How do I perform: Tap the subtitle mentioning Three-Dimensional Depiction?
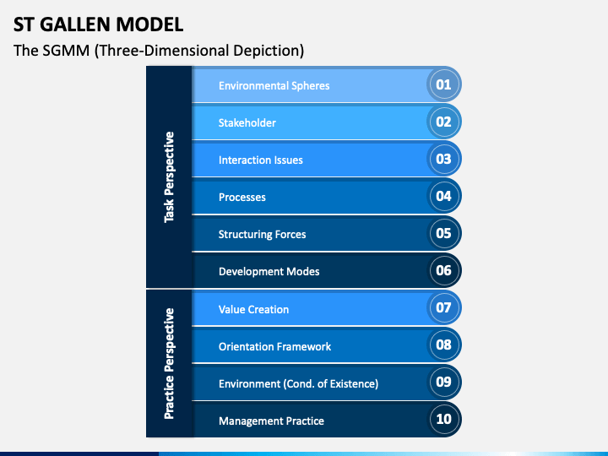tap(159, 51)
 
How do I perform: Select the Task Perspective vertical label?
tap(170, 176)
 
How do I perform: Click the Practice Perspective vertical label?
tap(170, 363)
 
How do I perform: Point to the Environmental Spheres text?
tap(274, 85)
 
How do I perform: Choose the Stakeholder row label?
tap(247, 122)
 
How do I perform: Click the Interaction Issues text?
tap(260, 160)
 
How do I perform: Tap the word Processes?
tap(242, 197)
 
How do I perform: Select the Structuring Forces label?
tap(262, 234)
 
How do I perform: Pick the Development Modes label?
tap(269, 271)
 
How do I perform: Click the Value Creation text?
tap(253, 309)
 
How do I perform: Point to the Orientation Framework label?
tap(274, 346)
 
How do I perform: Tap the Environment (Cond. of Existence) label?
tap(298, 383)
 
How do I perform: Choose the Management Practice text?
tap(271, 421)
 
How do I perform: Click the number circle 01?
tap(443, 84)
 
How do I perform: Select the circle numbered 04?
tap(443, 197)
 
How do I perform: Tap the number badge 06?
tap(443, 271)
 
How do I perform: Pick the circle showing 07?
tap(443, 308)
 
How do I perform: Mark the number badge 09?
tap(443, 382)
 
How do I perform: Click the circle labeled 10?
tap(443, 419)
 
